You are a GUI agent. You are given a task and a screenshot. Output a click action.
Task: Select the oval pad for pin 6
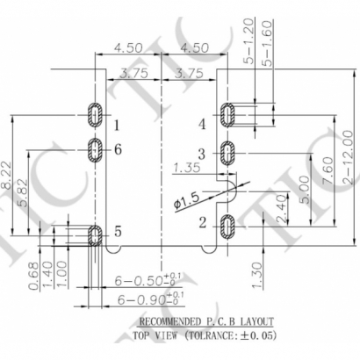tap(95, 150)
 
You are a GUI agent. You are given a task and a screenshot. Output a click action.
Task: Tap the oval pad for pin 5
tap(95, 234)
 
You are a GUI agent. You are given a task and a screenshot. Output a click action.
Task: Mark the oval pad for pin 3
tap(227, 153)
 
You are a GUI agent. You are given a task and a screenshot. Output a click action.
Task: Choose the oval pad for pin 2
tap(227, 227)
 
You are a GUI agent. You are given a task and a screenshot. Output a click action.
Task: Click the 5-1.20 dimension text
tap(249, 41)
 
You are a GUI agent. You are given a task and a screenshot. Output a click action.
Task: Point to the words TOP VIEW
tap(153, 335)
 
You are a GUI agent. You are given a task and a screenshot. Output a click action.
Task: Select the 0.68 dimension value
tap(32, 275)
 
